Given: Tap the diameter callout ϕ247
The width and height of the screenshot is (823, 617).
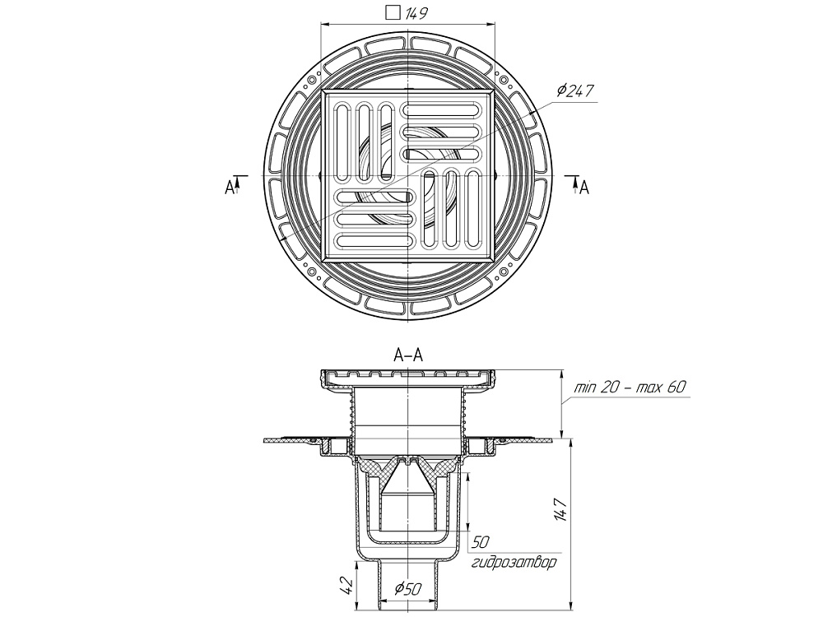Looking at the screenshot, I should pyautogui.click(x=575, y=91).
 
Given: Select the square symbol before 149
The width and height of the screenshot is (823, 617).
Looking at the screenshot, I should pyautogui.click(x=393, y=12).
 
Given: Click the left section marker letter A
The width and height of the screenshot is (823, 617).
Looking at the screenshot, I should pyautogui.click(x=230, y=188).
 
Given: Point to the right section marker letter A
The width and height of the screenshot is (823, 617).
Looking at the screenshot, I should pyautogui.click(x=584, y=188).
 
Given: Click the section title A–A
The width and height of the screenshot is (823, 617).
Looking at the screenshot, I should pyautogui.click(x=408, y=355).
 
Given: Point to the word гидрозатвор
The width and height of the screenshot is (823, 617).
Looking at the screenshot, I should pyautogui.click(x=514, y=564).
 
